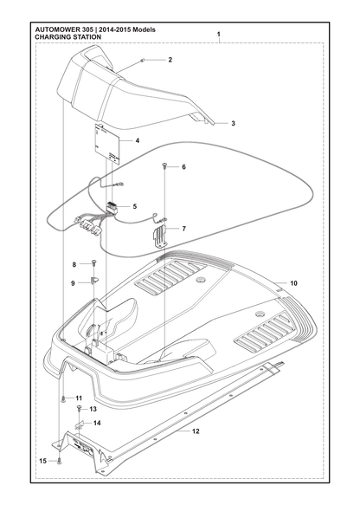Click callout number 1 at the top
coord(219,34)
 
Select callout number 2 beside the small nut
coord(170,60)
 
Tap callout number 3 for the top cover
coord(234,123)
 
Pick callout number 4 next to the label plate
coord(138,140)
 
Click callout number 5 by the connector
coord(134,206)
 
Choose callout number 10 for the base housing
coord(293,283)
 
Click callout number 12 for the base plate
coord(196,431)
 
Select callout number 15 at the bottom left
coord(42,461)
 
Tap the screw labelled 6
coord(164,165)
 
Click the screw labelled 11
coord(63,399)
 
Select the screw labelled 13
coord(79,408)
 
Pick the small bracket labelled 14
coord(80,426)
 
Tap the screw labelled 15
coord(59,462)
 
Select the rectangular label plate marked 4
coord(107,143)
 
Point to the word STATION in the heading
coord(88,37)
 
